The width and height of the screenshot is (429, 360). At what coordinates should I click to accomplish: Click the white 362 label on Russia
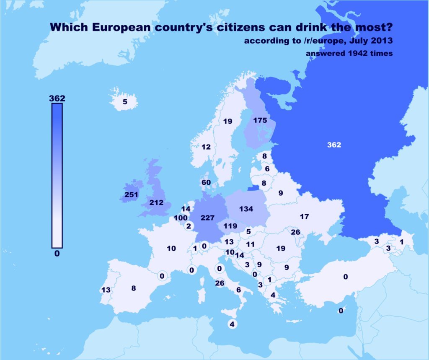334,145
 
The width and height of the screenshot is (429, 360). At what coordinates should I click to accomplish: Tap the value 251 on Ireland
131,195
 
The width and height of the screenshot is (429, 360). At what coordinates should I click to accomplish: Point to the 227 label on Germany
207,218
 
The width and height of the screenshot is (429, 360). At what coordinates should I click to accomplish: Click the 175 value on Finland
260,120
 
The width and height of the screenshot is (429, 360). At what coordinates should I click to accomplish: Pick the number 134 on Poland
246,209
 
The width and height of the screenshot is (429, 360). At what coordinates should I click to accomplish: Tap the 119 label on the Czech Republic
230,225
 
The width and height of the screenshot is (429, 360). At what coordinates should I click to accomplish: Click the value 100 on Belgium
181,218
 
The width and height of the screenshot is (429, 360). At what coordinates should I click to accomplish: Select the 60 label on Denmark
206,182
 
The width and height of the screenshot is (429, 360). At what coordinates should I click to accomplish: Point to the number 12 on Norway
206,147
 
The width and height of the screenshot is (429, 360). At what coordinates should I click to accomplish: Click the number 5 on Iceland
125,101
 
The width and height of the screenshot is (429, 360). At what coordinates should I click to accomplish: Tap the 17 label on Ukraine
305,216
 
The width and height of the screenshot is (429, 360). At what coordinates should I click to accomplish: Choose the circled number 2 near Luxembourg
189,226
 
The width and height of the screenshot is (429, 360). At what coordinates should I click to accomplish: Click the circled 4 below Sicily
232,324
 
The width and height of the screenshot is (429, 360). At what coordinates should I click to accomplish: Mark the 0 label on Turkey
346,277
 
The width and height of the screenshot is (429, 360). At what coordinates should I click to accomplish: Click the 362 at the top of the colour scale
57,98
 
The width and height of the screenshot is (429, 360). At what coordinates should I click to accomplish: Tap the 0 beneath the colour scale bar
57,253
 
